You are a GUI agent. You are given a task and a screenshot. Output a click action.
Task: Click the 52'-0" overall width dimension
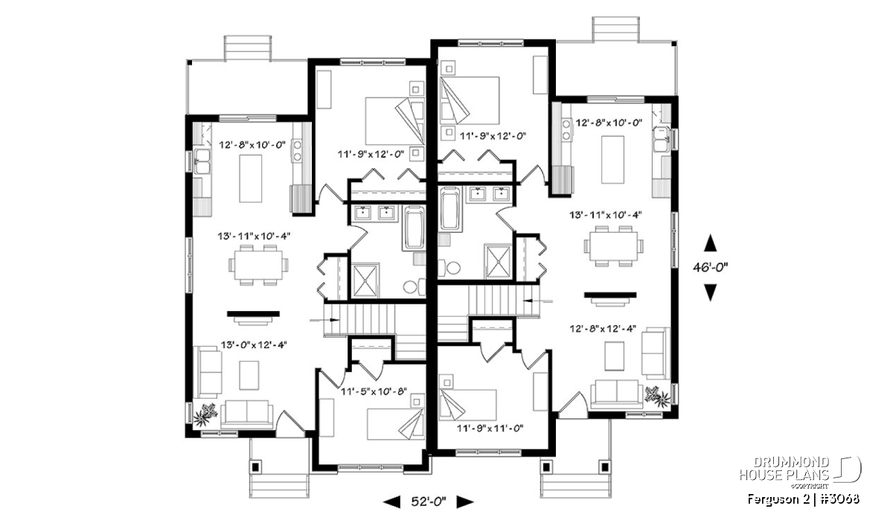click(428, 501)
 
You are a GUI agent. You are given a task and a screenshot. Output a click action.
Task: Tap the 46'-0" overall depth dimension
click(710, 268)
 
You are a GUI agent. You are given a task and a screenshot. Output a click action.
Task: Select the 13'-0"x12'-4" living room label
click(254, 344)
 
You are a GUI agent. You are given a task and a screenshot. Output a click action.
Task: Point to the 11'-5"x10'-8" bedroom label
click(374, 391)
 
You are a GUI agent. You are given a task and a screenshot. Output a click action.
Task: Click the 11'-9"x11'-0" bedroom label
click(490, 429)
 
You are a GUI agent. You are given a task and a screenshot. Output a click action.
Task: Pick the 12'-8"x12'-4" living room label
click(603, 328)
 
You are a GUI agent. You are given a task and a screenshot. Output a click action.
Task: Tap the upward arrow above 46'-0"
click(710, 243)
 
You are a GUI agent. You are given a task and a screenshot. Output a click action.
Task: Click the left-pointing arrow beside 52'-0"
click(391, 502)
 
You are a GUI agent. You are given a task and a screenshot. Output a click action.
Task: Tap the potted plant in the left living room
click(205, 414)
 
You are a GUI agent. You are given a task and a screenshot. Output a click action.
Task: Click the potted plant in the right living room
click(657, 396)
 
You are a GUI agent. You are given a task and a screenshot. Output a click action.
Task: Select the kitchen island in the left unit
click(251, 179)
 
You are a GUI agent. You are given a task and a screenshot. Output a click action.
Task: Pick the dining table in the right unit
click(613, 246)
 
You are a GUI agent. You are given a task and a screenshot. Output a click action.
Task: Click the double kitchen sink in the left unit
click(202, 161)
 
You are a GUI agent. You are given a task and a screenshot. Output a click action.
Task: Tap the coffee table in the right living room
click(615, 356)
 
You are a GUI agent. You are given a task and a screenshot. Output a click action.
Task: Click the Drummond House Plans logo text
click(784, 469)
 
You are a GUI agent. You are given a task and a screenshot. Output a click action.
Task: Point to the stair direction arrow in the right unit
click(537, 301)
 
